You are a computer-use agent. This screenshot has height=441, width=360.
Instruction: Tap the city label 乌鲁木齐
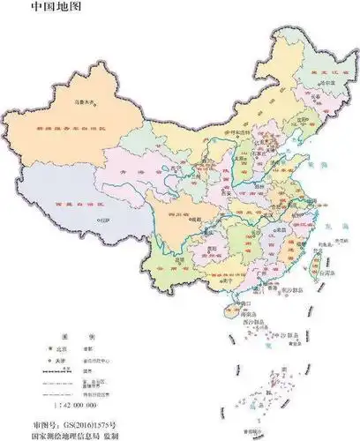84,101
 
